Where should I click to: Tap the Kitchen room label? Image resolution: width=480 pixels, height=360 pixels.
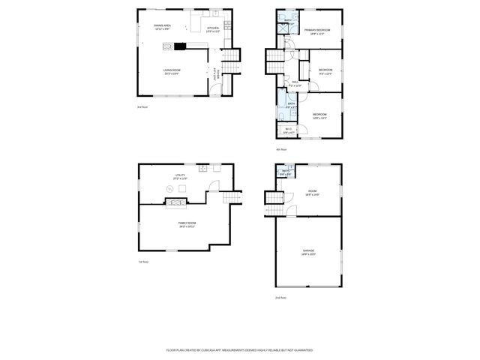(x=213, y=29)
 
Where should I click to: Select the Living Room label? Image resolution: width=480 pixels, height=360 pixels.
(x=172, y=71)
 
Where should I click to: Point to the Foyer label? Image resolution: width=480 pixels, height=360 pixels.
(x=217, y=75)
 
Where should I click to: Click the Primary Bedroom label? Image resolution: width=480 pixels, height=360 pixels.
(x=317, y=31)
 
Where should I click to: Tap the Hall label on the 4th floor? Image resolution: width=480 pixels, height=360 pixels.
(x=295, y=83)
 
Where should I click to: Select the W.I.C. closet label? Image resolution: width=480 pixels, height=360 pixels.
(x=289, y=130)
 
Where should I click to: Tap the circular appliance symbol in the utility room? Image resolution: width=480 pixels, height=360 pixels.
(x=169, y=188)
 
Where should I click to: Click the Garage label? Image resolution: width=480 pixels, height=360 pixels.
(x=308, y=252)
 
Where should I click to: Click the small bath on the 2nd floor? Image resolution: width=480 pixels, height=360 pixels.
(x=285, y=172)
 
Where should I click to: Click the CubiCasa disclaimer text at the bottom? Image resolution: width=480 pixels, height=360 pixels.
(x=239, y=349)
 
